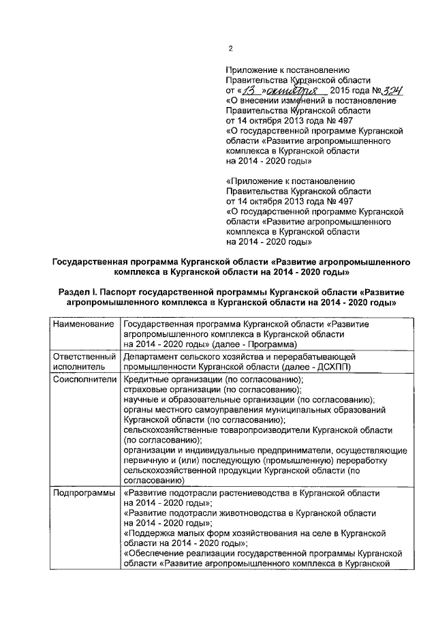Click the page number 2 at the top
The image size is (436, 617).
point(231,48)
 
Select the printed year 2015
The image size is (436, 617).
point(342,91)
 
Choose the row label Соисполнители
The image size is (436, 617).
point(84,379)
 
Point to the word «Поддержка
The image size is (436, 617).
point(149,533)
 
